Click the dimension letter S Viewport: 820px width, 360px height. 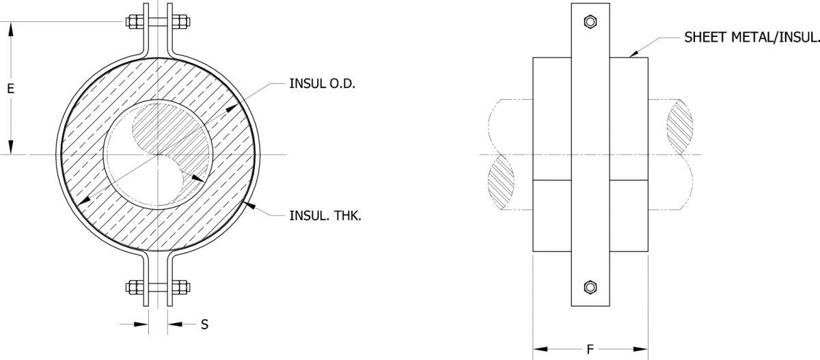coord(204,325)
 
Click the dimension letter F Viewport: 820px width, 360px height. coord(590,350)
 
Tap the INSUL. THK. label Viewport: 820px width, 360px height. coord(320,216)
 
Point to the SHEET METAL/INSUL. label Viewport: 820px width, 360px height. coord(751,38)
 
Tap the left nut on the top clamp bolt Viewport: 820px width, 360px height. coord(132,23)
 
